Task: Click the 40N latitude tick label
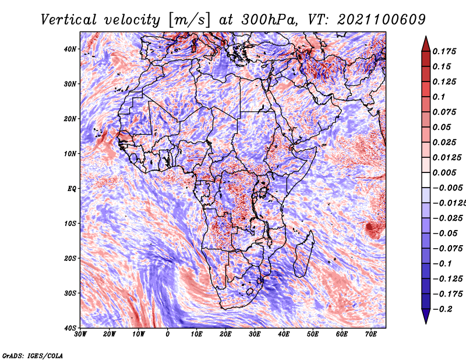70,49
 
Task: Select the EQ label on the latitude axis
71,189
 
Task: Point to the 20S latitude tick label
70,258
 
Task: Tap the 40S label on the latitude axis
70,328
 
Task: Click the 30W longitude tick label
80,334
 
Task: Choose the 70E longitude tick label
371,334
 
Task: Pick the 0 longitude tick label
168,334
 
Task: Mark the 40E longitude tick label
284,334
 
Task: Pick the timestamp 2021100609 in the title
373,20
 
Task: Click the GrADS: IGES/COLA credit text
33,355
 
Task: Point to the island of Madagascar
303,253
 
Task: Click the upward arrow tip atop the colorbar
426,38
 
